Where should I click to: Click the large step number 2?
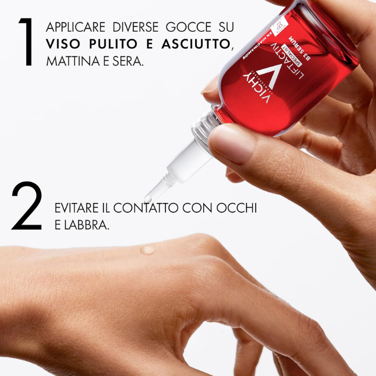26,206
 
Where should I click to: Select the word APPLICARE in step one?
76,26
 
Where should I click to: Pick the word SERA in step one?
128,61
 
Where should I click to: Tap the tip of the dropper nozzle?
147,199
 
